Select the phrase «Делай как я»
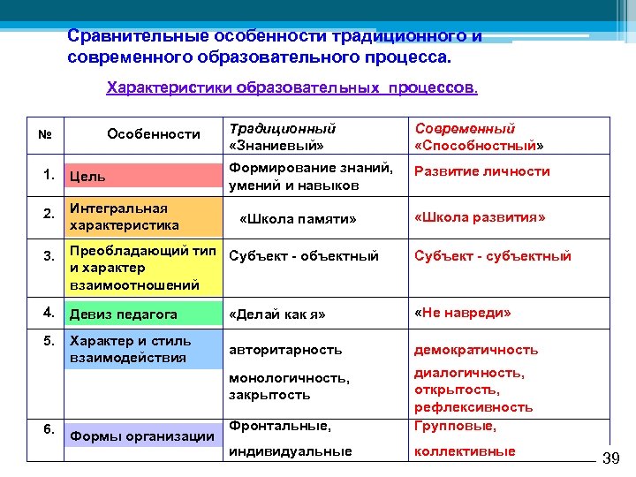(277, 314)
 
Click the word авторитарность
(285, 350)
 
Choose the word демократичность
(476, 350)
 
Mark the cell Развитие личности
(482, 171)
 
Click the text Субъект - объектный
(303, 256)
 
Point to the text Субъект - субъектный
(493, 256)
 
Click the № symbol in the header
(46, 135)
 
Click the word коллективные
(465, 451)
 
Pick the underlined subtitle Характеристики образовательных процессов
(291, 88)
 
